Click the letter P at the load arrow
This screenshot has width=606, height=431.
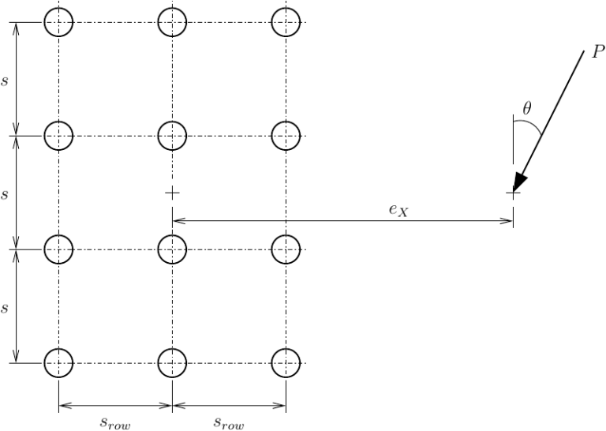pyautogui.click(x=589, y=53)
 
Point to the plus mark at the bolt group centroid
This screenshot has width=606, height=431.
pyautogui.click(x=172, y=193)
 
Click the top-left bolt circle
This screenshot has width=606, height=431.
pyautogui.click(x=58, y=22)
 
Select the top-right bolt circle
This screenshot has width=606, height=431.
pyautogui.click(x=286, y=22)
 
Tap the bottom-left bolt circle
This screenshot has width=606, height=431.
pyautogui.click(x=58, y=364)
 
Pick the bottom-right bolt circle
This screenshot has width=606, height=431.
pyautogui.click(x=286, y=364)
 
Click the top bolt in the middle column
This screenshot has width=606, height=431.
pyautogui.click(x=172, y=22)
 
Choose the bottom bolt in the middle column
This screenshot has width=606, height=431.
pyautogui.click(x=172, y=364)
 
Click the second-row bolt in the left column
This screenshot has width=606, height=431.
pyautogui.click(x=58, y=136)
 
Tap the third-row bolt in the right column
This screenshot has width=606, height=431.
pyautogui.click(x=286, y=249)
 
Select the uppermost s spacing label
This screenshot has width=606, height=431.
pyautogui.click(x=5, y=80)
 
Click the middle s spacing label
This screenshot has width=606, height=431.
pyautogui.click(x=5, y=193)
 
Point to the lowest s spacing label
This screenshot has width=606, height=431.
pyautogui.click(x=5, y=307)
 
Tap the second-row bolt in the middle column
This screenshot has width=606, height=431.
pyautogui.click(x=172, y=136)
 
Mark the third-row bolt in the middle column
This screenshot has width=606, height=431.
pyautogui.click(x=172, y=249)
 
